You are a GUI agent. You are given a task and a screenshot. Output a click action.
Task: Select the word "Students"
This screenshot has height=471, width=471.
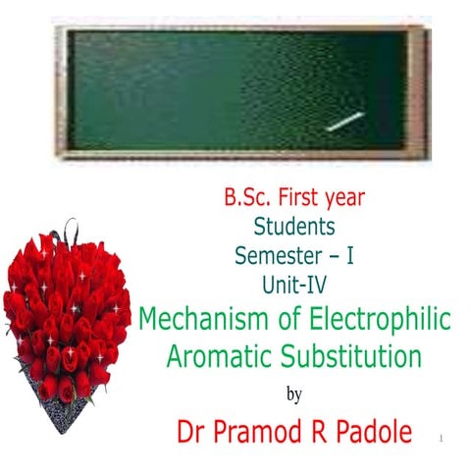point(294,226)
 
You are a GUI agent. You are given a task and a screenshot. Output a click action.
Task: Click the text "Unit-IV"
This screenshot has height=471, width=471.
point(294,284)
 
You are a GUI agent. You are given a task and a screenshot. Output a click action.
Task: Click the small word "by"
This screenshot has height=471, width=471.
point(293,394)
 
